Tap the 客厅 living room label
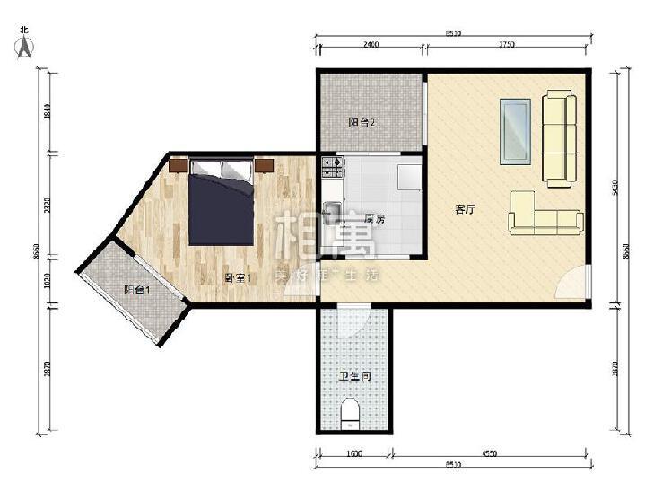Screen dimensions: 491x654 (x=464, y=210)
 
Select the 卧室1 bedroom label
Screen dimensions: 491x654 (x=238, y=278)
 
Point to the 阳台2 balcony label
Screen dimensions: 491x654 (x=362, y=123)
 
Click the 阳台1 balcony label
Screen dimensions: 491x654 (x=136, y=289)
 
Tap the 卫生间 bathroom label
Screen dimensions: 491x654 (x=354, y=377)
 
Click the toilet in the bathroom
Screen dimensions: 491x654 (x=351, y=414)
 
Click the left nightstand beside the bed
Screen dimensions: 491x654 (x=178, y=165)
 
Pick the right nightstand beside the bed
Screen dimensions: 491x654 (x=264, y=164)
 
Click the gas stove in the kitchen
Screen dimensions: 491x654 (x=332, y=165)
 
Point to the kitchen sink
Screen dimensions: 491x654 (x=331, y=212)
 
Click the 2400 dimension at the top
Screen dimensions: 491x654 (x=370, y=45)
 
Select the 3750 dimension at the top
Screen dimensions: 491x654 (x=507, y=45)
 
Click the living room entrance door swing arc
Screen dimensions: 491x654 (x=571, y=281)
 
